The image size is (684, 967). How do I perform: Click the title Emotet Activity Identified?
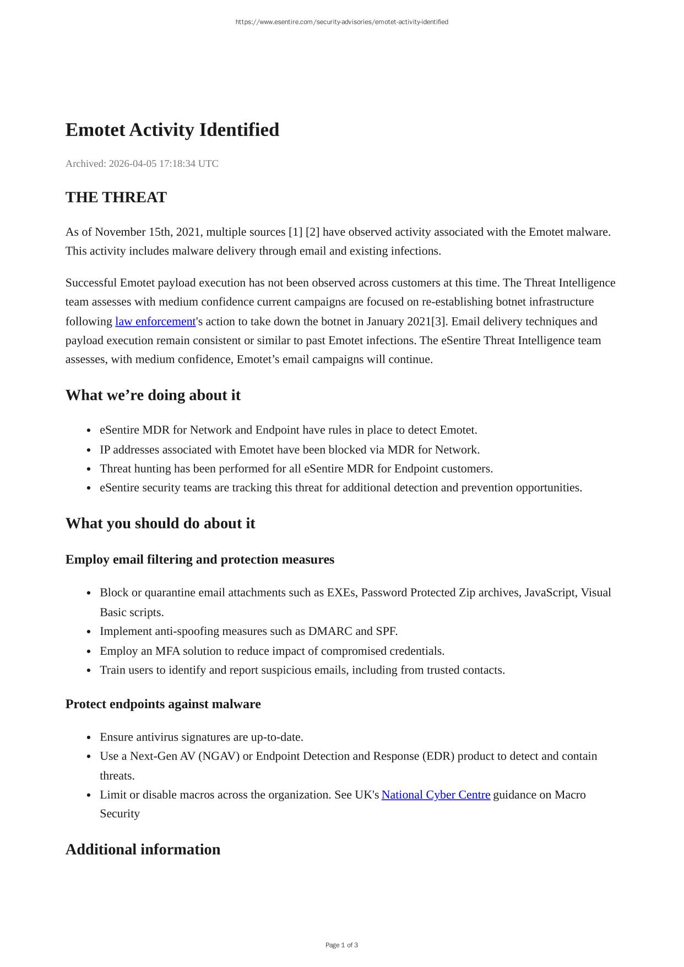click(x=172, y=130)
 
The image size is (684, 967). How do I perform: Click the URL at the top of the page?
click(x=341, y=22)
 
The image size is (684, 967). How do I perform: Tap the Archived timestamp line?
click(x=142, y=164)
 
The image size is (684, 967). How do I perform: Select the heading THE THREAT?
click(x=116, y=197)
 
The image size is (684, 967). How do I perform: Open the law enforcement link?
click(x=155, y=322)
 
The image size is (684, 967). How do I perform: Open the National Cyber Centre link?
click(x=436, y=795)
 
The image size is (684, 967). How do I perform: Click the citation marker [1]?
click(x=295, y=232)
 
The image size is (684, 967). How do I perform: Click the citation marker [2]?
click(x=312, y=232)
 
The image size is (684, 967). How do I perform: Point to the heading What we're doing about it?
click(x=153, y=395)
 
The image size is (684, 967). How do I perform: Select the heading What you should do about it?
click(x=160, y=523)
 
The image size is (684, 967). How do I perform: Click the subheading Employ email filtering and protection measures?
click(x=199, y=559)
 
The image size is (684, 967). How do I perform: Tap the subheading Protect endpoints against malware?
click(x=162, y=704)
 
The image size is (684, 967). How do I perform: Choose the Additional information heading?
click(x=143, y=849)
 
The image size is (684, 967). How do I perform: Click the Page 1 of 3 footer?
click(x=341, y=945)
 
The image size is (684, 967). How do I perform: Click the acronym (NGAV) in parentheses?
click(x=219, y=756)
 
